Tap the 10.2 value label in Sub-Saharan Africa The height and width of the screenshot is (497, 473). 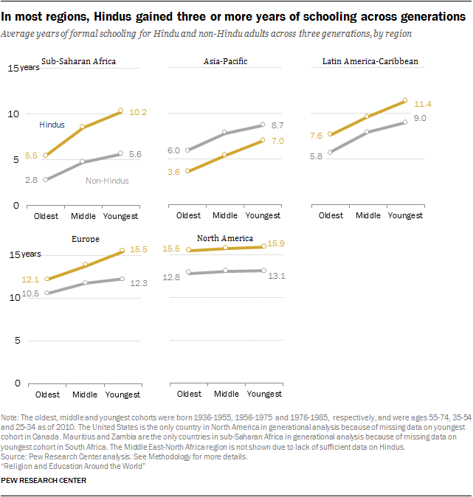[x=139, y=112]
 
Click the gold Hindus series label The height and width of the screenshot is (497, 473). [x=52, y=126]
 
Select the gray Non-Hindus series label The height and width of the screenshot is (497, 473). [x=107, y=181]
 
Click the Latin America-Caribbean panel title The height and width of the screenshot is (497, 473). [x=370, y=62]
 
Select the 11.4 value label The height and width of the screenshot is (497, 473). [x=424, y=104]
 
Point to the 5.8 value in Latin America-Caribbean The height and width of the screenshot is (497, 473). [x=315, y=156]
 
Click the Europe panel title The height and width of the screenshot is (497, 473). [x=85, y=239]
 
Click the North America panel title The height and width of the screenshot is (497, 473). [x=224, y=238]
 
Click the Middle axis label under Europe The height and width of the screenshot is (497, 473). [x=84, y=394]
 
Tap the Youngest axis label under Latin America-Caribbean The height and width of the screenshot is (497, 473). [x=405, y=215]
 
